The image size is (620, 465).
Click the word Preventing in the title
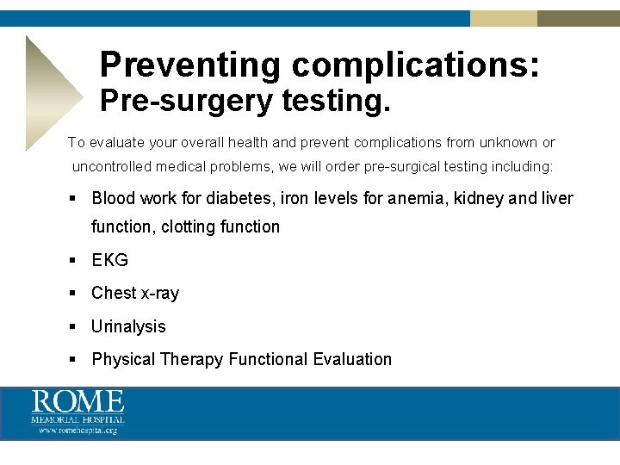(190, 65)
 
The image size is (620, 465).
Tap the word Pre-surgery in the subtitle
(185, 102)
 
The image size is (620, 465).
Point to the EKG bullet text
(109, 260)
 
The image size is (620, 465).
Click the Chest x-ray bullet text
(135, 293)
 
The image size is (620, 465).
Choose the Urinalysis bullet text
(128, 326)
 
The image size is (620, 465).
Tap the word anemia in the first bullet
(417, 198)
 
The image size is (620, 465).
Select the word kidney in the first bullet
(478, 198)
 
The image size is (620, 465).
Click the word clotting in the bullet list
(188, 226)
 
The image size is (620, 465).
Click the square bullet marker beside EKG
(74, 260)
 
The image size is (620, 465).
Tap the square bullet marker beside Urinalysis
(74, 326)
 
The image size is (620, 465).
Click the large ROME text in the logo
(78, 401)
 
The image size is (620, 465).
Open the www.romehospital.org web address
(77, 430)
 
